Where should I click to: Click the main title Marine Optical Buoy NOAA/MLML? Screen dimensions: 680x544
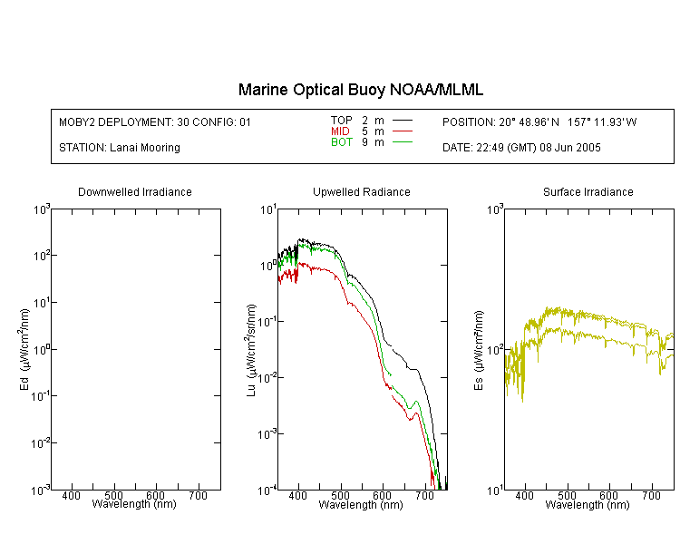(360, 90)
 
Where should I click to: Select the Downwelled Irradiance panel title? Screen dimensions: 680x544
(135, 191)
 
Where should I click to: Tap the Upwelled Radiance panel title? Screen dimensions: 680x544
(362, 191)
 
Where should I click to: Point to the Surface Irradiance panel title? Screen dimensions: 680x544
(588, 191)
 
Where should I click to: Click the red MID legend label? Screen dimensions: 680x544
(340, 131)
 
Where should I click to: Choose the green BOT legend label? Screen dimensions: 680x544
(341, 142)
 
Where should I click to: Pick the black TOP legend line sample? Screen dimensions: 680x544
(403, 121)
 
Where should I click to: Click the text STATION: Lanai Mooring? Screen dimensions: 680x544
(120, 148)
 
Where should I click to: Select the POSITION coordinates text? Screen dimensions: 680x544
(539, 122)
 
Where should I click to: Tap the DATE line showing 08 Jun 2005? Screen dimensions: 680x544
(521, 148)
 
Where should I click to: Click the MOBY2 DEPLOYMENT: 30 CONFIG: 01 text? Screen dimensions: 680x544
(155, 122)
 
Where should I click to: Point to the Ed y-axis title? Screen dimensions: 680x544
(24, 350)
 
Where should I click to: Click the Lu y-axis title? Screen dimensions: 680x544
(250, 350)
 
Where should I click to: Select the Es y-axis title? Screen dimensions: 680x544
(478, 351)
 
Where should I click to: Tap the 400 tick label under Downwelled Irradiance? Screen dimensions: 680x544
(71, 495)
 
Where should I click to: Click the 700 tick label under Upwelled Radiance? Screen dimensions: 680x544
(425, 495)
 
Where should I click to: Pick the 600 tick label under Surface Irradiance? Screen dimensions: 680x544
(609, 495)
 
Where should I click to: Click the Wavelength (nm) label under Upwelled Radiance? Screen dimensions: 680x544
(361, 504)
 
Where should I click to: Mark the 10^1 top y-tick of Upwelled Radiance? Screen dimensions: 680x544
(268, 210)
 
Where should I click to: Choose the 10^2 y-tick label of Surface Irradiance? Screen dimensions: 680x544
(495, 350)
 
